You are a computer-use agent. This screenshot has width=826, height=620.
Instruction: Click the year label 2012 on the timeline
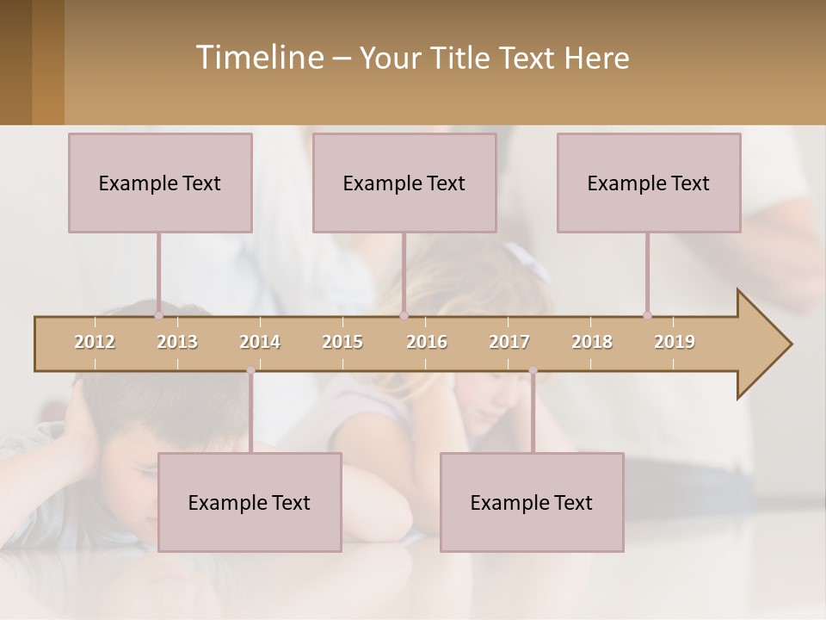click(x=95, y=342)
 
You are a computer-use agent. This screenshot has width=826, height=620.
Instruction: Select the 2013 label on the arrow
click(x=177, y=342)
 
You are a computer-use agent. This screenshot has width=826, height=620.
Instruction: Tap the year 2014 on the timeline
click(x=260, y=342)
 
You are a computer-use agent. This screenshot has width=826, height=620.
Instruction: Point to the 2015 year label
click(x=342, y=342)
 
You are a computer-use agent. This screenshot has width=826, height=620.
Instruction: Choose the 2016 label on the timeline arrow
click(x=427, y=342)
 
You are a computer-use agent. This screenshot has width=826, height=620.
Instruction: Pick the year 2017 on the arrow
click(x=509, y=342)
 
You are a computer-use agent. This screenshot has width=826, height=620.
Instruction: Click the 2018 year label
click(x=592, y=342)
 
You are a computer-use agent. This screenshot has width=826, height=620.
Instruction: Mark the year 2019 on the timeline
click(x=675, y=342)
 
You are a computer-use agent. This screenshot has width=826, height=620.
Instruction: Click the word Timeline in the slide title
click(x=258, y=58)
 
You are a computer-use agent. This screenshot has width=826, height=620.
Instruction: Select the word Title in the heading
click(x=464, y=59)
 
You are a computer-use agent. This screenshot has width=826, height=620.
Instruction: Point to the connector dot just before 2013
click(x=158, y=316)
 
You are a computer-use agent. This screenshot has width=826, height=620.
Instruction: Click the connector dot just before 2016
click(x=404, y=316)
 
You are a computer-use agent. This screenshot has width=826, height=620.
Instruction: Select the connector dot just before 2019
click(x=647, y=316)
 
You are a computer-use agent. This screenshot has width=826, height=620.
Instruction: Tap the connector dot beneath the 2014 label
click(x=250, y=370)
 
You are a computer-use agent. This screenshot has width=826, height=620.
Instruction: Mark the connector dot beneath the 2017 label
click(x=533, y=370)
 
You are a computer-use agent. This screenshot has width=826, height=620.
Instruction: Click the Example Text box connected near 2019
click(x=649, y=183)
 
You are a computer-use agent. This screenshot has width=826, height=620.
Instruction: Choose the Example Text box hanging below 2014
click(x=250, y=502)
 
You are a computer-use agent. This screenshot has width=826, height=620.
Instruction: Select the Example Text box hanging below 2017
click(x=532, y=502)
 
